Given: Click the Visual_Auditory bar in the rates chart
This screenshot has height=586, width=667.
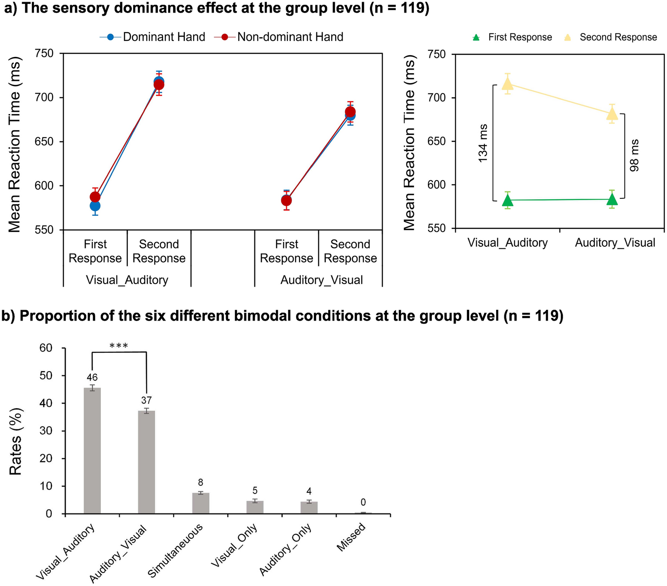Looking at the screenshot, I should click(x=92, y=450).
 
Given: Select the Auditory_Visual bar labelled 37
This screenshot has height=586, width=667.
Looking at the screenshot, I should click(x=147, y=462).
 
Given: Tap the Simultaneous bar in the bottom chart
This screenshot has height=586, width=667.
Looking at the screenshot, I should click(x=200, y=503).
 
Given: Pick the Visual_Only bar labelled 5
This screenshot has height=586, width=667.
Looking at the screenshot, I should click(x=255, y=507).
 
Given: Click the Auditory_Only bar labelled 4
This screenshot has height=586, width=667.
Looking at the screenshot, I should click(x=309, y=508).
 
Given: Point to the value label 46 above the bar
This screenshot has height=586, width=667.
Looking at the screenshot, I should click(x=92, y=378).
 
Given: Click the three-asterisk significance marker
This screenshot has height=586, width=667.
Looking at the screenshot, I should click(x=119, y=346).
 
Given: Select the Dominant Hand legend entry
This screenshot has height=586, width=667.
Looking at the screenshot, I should click(x=153, y=37).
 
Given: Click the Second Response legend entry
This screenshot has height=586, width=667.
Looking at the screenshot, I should click(x=610, y=37).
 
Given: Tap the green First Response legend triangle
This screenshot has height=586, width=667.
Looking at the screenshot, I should click(x=477, y=38).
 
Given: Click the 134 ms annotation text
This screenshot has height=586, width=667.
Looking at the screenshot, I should click(x=483, y=143).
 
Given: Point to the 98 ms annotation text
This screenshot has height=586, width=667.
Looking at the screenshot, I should click(x=634, y=155).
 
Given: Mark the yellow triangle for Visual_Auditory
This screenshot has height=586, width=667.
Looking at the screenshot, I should click(x=507, y=84).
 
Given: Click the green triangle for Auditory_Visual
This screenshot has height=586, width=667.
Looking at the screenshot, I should click(x=612, y=199).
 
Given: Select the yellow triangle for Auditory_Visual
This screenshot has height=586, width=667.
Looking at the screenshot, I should click(x=612, y=114).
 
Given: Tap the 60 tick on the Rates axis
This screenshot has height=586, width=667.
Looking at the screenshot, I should click(x=46, y=348).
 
